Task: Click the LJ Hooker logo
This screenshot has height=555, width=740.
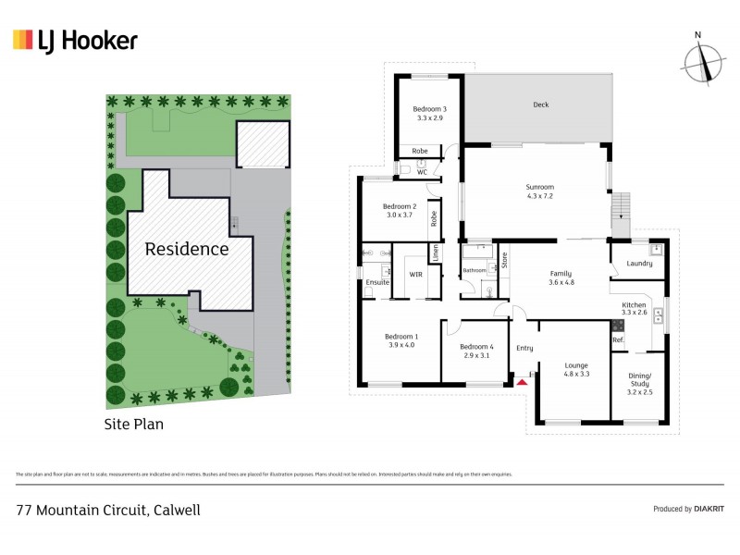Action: tap(75, 40)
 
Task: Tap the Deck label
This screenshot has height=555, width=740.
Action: tap(541, 105)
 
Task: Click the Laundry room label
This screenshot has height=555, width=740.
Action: tap(639, 263)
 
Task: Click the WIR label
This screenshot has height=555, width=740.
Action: tap(414, 275)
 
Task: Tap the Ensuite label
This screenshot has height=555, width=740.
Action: tap(376, 281)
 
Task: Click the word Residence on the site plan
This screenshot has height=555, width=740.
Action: tap(186, 249)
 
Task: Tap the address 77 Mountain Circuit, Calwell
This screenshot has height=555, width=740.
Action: tap(109, 509)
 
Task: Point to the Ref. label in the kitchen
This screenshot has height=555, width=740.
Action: tap(617, 340)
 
